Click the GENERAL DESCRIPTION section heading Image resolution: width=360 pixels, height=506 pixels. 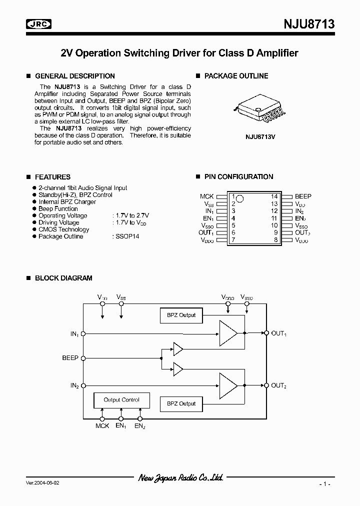[74, 76]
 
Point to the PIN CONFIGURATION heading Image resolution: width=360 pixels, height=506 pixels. [238, 176]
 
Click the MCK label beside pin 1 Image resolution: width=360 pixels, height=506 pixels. [207, 196]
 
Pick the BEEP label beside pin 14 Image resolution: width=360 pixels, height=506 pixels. [303, 196]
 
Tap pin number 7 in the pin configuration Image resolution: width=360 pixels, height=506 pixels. [233, 240]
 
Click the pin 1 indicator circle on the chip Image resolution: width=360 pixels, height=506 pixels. [240, 198]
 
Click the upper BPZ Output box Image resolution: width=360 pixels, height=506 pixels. [181, 315]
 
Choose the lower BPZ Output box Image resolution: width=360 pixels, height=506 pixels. [181, 403]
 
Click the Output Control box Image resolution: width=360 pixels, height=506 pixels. [121, 400]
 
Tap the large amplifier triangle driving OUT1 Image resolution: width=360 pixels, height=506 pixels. [228, 332]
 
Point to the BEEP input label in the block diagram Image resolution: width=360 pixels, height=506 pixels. [70, 358]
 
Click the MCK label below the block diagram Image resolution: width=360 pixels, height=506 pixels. [102, 426]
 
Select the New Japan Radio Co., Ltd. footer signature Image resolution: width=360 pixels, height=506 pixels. [180, 478]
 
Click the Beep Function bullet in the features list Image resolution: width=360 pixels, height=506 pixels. [58, 208]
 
